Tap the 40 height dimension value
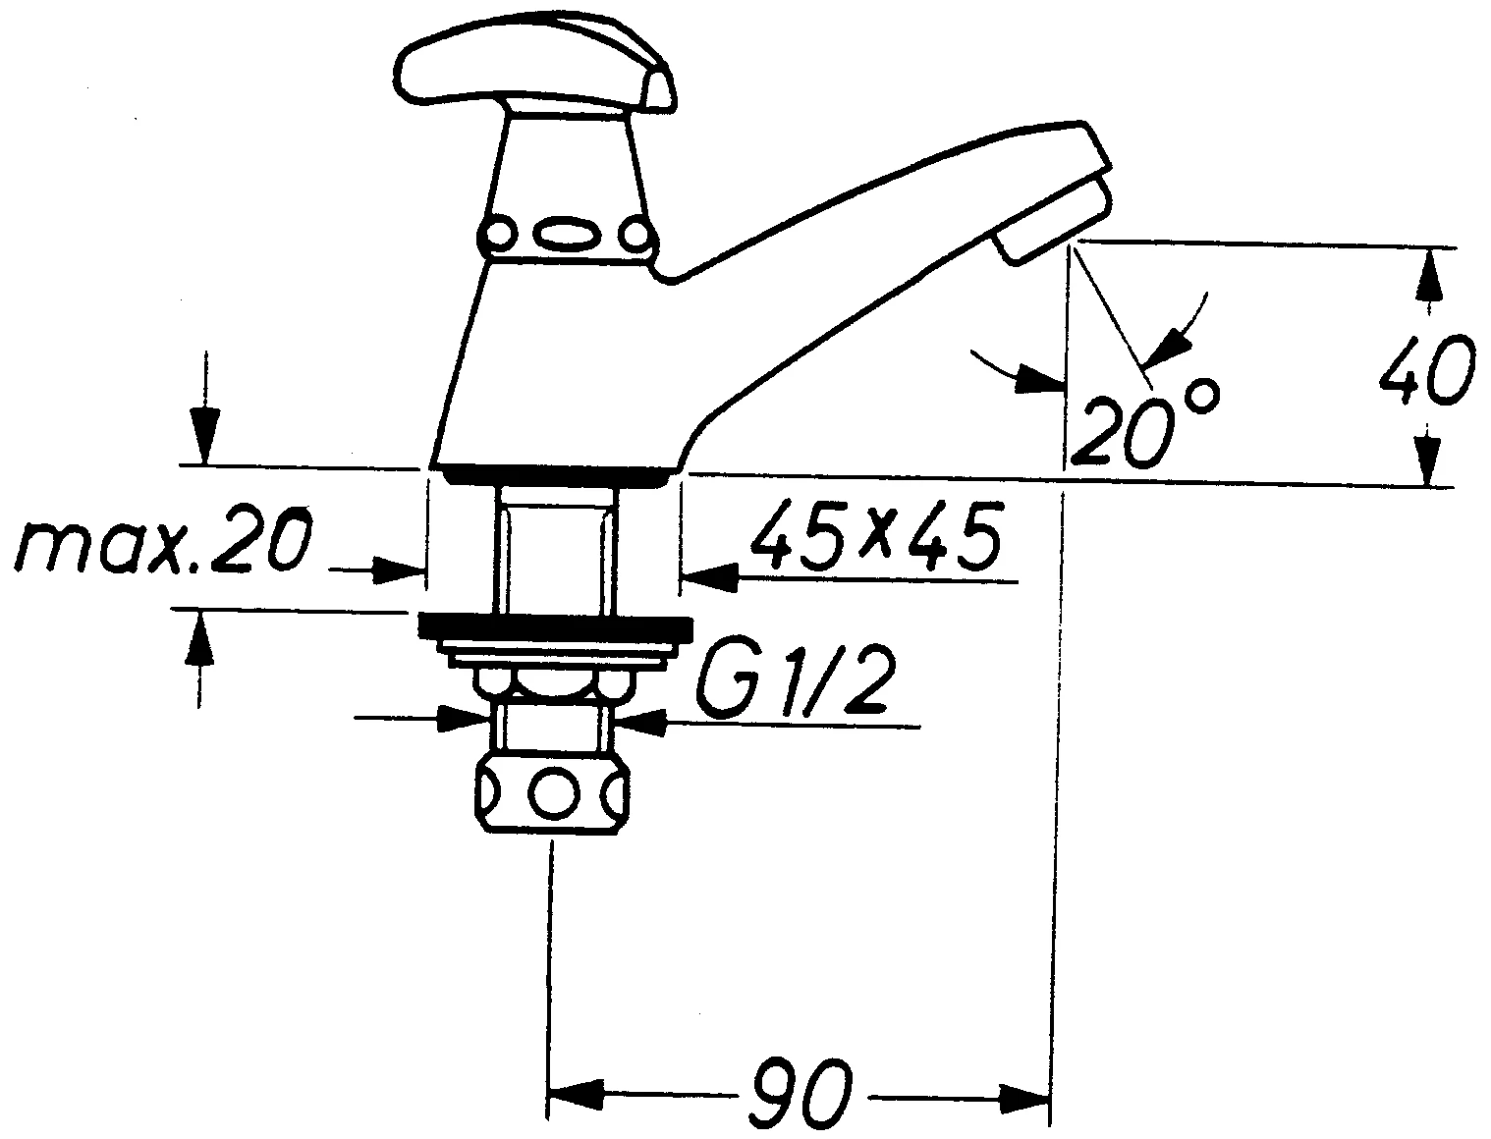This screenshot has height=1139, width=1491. [x=1427, y=369]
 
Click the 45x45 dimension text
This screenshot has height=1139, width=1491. [x=875, y=536]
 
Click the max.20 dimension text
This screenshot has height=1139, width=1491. [x=163, y=547]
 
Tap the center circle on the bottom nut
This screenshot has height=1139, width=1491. [x=553, y=792]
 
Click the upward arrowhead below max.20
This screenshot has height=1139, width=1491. [x=199, y=638]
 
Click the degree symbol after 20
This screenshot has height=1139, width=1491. [x=1203, y=395]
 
